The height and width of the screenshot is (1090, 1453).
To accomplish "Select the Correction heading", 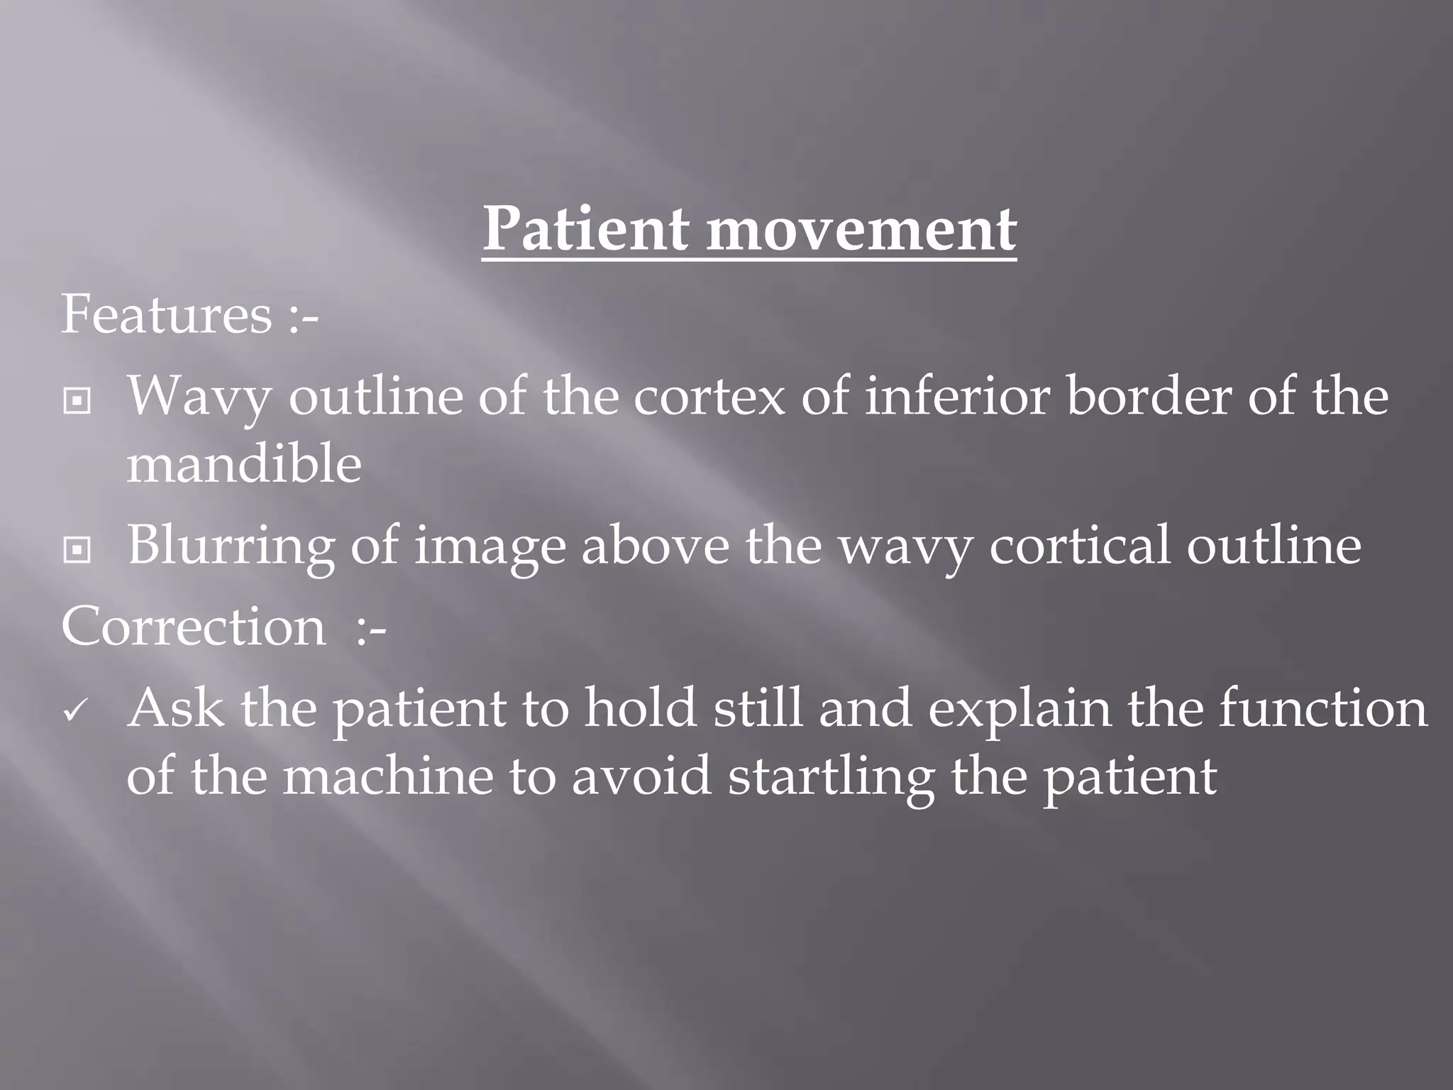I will (x=194, y=627).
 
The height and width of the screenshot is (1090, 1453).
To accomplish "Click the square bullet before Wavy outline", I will (x=77, y=401).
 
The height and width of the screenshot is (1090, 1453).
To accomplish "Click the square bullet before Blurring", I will (x=77, y=549).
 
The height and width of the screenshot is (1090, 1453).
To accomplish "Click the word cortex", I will (x=709, y=396).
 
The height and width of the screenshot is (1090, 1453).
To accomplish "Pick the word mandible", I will (x=244, y=464).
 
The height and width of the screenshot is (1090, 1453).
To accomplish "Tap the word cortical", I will (x=1079, y=545).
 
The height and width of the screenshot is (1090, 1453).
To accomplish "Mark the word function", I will (x=1322, y=708).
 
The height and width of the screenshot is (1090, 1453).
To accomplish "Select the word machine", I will (x=388, y=776).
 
